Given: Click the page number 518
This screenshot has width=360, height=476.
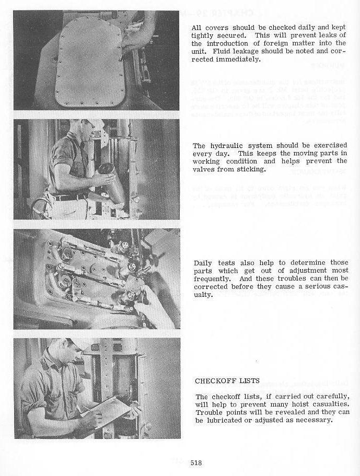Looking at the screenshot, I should [x=196, y=462].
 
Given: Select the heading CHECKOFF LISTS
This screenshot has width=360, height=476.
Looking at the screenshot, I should [x=227, y=381].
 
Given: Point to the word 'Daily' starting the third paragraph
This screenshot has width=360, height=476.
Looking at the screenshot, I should [x=204, y=263].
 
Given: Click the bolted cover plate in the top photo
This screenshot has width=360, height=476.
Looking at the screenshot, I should [x=90, y=61].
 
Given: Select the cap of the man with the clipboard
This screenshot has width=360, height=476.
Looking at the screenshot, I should [x=76, y=343].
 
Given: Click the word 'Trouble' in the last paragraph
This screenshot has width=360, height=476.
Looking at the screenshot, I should [x=208, y=412].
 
